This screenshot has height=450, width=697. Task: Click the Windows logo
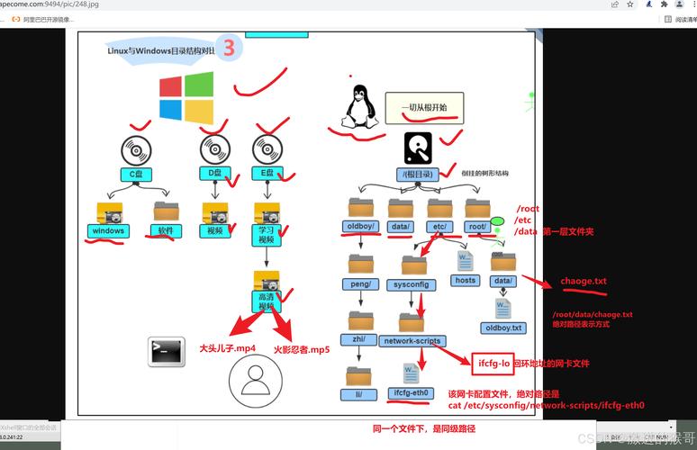click(x=186, y=97)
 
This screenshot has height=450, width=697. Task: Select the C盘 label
click(x=137, y=173)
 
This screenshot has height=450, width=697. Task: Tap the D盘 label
click(x=215, y=173)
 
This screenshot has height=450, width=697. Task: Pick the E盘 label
click(x=267, y=173)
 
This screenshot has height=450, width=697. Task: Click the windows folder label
click(x=108, y=230)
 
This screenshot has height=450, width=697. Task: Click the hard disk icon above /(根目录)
click(x=419, y=147)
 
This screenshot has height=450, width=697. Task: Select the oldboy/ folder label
click(x=362, y=226)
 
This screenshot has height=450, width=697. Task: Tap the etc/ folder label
click(x=440, y=226)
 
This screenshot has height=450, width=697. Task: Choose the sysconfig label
click(x=413, y=284)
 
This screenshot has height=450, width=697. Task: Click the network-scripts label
click(x=412, y=341)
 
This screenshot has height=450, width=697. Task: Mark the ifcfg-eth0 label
click(x=412, y=393)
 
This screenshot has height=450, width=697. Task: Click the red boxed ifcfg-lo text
click(x=491, y=363)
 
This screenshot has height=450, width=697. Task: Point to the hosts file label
click(x=465, y=280)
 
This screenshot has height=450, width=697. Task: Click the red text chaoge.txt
click(x=584, y=281)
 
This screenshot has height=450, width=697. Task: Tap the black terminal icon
click(x=166, y=352)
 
